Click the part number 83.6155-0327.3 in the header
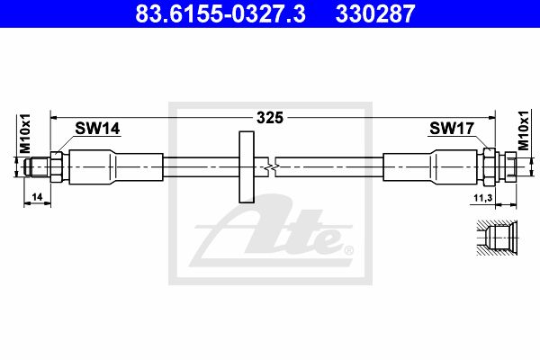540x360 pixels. coord(220,13)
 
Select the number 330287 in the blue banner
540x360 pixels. coord(375,13)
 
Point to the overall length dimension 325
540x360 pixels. coord(270,118)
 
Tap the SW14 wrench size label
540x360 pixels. coord(97,129)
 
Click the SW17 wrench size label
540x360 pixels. coord(452,129)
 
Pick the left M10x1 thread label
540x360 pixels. coord(25,133)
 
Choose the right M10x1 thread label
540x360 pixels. coord(524,130)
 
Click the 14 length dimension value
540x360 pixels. coord(37,197)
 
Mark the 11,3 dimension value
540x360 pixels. coord(482,198)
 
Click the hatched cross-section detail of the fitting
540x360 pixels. coord(498,238)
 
